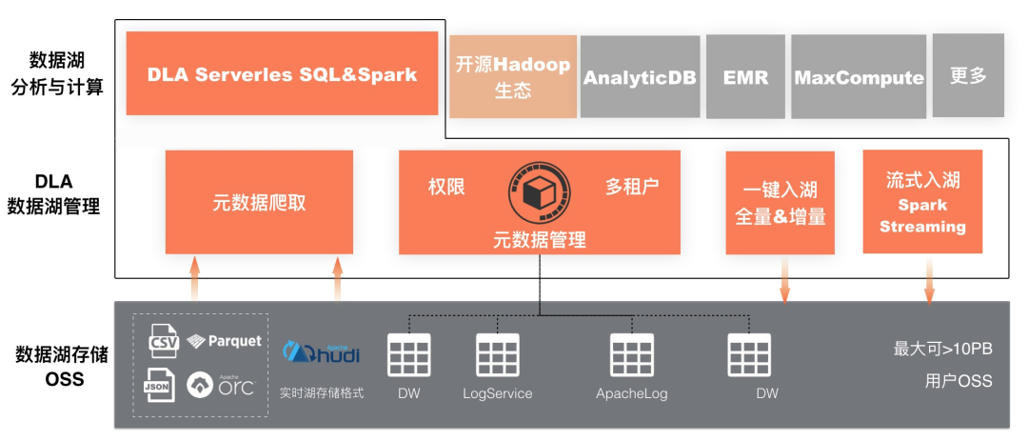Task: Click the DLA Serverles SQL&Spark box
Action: pyautogui.click(x=282, y=74)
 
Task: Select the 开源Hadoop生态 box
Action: pyautogui.click(x=513, y=77)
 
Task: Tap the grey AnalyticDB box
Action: pyautogui.click(x=640, y=77)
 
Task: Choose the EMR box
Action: pyautogui.click(x=745, y=77)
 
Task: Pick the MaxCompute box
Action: pyautogui.click(x=859, y=77)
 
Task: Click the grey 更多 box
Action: pyautogui.click(x=968, y=76)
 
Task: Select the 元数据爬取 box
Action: pyautogui.click(x=259, y=202)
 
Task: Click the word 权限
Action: pyautogui.click(x=446, y=186)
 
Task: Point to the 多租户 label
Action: pyautogui.click(x=632, y=186)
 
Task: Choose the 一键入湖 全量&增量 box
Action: pyautogui.click(x=780, y=203)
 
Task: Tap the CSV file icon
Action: pyautogui.click(x=164, y=340)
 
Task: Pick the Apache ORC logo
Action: pyautogui.click(x=221, y=384)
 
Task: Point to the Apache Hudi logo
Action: pyautogui.click(x=322, y=352)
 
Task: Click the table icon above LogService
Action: pyautogui.click(x=497, y=354)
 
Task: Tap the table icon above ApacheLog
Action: pyautogui.click(x=632, y=354)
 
